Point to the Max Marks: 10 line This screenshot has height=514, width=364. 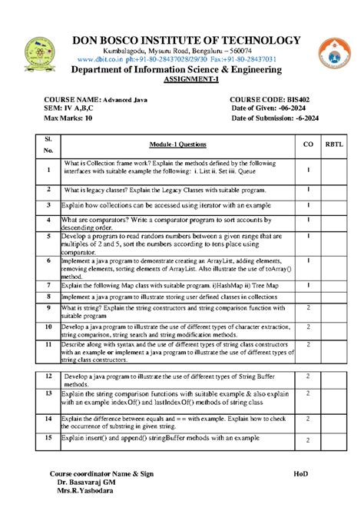click(68, 119)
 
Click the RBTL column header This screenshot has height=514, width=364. click(335, 144)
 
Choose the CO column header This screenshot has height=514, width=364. click(308, 144)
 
